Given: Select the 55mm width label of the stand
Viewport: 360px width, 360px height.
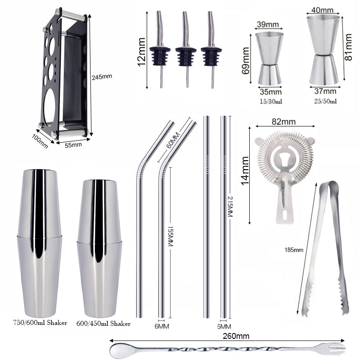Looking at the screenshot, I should (x=73, y=145).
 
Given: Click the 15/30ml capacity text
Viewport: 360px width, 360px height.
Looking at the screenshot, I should (x=270, y=102).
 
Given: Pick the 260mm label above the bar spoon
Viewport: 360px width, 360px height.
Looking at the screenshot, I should (x=236, y=336).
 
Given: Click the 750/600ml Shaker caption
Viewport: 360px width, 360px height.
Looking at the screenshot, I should (x=40, y=323).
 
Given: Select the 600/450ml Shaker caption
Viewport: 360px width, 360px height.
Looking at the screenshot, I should (x=103, y=324).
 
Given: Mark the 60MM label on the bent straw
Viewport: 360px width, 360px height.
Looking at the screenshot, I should (x=173, y=140).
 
